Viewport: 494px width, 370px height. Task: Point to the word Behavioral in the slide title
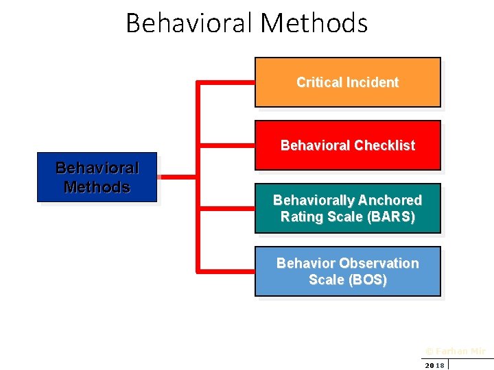pos(189,23)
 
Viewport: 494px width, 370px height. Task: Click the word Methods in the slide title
pos(314,23)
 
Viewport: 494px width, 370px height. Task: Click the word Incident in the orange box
pos(373,82)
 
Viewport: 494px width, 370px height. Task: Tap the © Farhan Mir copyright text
pos(455,351)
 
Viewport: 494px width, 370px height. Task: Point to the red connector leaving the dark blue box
pos(177,177)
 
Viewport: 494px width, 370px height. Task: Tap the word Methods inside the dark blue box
pos(97,187)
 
